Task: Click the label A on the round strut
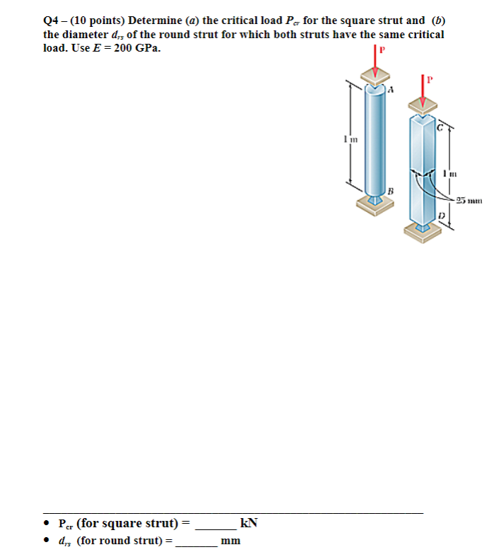pyautogui.click(x=390, y=90)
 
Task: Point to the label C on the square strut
pyautogui.click(x=440, y=127)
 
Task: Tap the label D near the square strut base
pyautogui.click(x=440, y=214)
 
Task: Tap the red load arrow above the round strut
pyautogui.click(x=375, y=65)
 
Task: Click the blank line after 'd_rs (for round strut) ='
pyautogui.click(x=195, y=541)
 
